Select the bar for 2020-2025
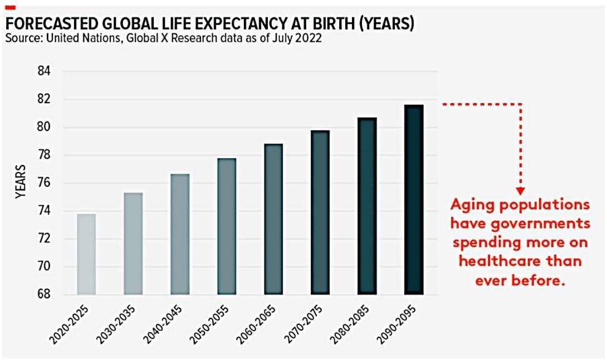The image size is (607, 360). pyautogui.click(x=86, y=254)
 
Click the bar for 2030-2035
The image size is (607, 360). pyautogui.click(x=133, y=244)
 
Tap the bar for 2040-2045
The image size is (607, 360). pyautogui.click(x=180, y=234)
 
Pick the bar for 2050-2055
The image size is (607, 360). pyautogui.click(x=227, y=226)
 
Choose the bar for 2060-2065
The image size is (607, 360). pyautogui.click(x=273, y=219)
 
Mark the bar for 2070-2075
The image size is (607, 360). pyautogui.click(x=321, y=212)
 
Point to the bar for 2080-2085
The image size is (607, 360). pyautogui.click(x=367, y=206)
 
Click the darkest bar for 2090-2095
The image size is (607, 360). pyautogui.click(x=414, y=200)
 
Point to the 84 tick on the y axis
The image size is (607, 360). pyautogui.click(x=44, y=71)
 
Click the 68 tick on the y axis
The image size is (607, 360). pyautogui.click(x=44, y=294)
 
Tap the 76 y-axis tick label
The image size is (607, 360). pyautogui.click(x=44, y=183)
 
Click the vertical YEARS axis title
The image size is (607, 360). pyautogui.click(x=20, y=182)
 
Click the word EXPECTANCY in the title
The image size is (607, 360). pyautogui.click(x=239, y=24)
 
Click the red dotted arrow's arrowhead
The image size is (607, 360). pyautogui.click(x=521, y=191)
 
